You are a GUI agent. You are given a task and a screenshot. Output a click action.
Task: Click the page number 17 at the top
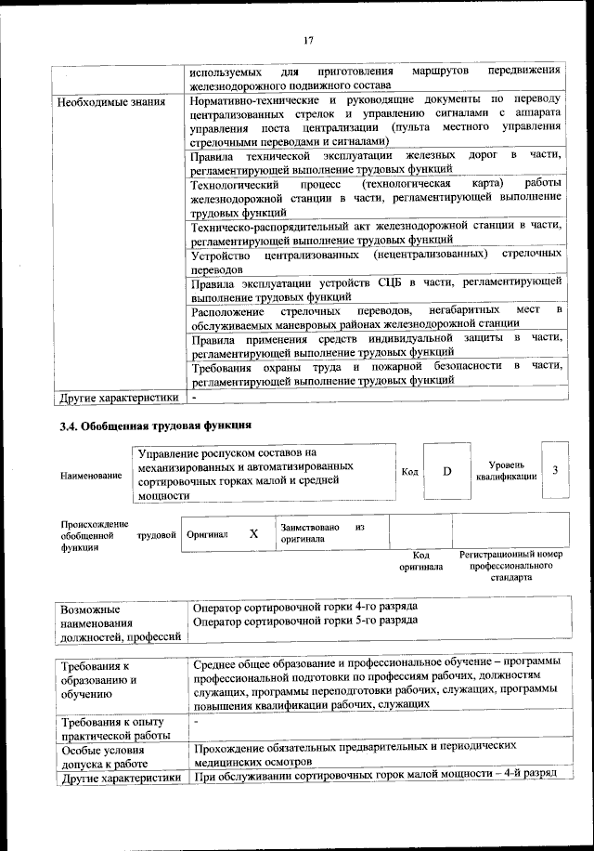tap(309, 39)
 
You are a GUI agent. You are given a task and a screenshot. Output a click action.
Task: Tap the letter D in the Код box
tap(446, 471)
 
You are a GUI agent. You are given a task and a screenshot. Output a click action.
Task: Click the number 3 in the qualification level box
tap(554, 470)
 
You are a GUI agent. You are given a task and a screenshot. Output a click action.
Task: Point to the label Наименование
tap(91, 476)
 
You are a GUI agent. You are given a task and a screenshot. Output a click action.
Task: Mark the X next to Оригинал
tap(252, 534)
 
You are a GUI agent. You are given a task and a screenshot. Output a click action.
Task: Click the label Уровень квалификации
tap(506, 470)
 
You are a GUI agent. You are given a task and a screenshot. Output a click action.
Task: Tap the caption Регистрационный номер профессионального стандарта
tap(510, 565)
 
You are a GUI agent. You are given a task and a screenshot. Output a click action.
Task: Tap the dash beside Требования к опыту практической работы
tap(196, 721)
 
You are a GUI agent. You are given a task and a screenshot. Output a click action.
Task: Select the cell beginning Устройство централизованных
tap(376, 260)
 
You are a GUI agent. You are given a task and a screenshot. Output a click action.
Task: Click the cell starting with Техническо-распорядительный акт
tap(376, 231)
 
